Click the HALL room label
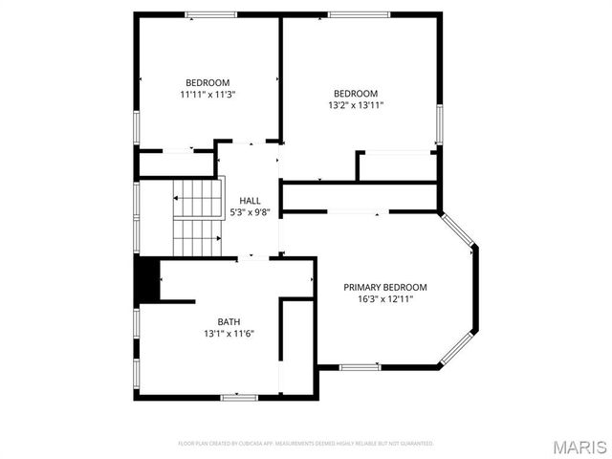coord(250,200)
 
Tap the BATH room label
coord(229,321)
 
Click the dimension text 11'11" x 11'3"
coord(208,95)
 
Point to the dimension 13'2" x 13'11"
coord(356,105)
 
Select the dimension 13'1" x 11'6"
coord(229,334)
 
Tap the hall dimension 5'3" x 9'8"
coord(250,212)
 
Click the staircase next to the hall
coord(197,218)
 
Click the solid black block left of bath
coord(145,279)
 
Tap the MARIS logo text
coord(579,447)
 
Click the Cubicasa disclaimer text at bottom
coord(306,444)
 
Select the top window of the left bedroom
coord(210,14)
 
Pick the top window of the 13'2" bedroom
coord(359,14)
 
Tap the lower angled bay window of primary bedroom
coord(455,348)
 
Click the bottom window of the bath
coord(239,397)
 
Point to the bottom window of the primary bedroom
coord(360,367)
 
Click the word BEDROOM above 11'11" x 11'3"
coord(208,82)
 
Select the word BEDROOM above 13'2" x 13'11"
coord(356,93)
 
